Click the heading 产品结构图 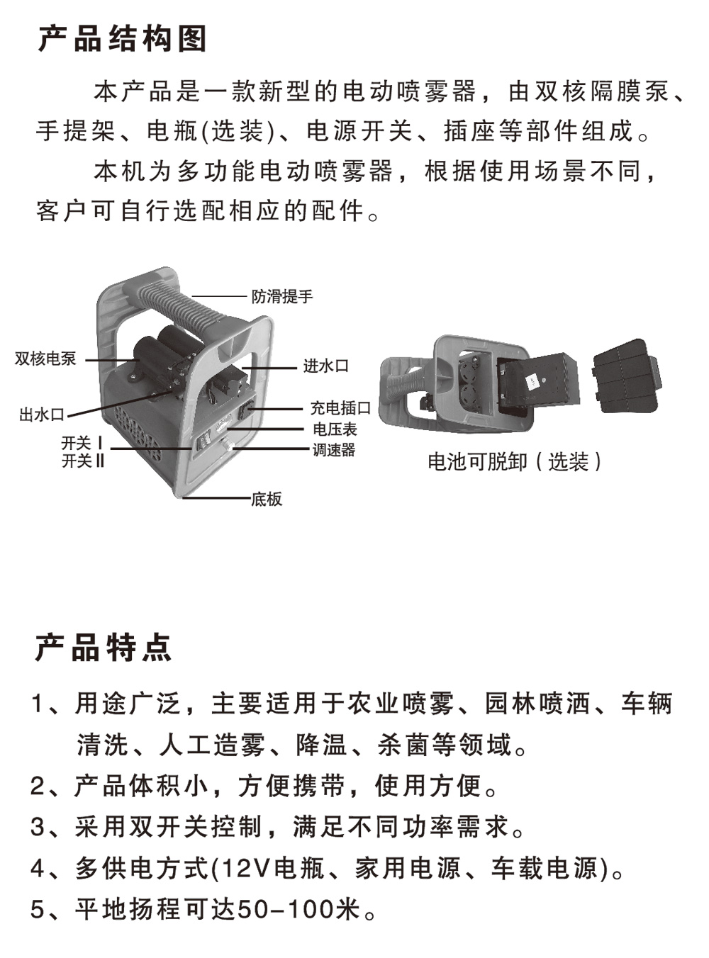point(122,39)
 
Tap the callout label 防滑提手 point(282,296)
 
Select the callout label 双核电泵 point(45,359)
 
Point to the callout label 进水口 point(325,366)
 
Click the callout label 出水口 point(42,415)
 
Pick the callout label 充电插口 point(340,407)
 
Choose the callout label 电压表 point(335,429)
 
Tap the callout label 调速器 point(334,450)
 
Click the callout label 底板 point(267,500)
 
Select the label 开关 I point(82,443)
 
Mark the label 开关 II point(83,461)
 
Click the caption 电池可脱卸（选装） point(515,462)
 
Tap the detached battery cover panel point(627,375)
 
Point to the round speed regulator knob point(226,444)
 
